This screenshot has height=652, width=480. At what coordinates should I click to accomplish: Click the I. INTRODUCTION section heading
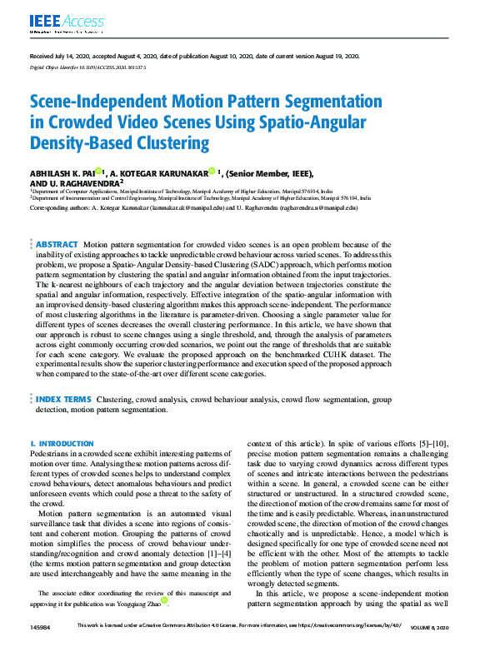coord(62,444)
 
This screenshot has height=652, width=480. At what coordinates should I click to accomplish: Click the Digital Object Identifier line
coord(87,67)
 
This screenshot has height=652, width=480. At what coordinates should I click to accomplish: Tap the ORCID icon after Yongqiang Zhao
coord(166,600)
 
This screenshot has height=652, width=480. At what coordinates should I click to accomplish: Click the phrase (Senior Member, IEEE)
coord(272,173)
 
